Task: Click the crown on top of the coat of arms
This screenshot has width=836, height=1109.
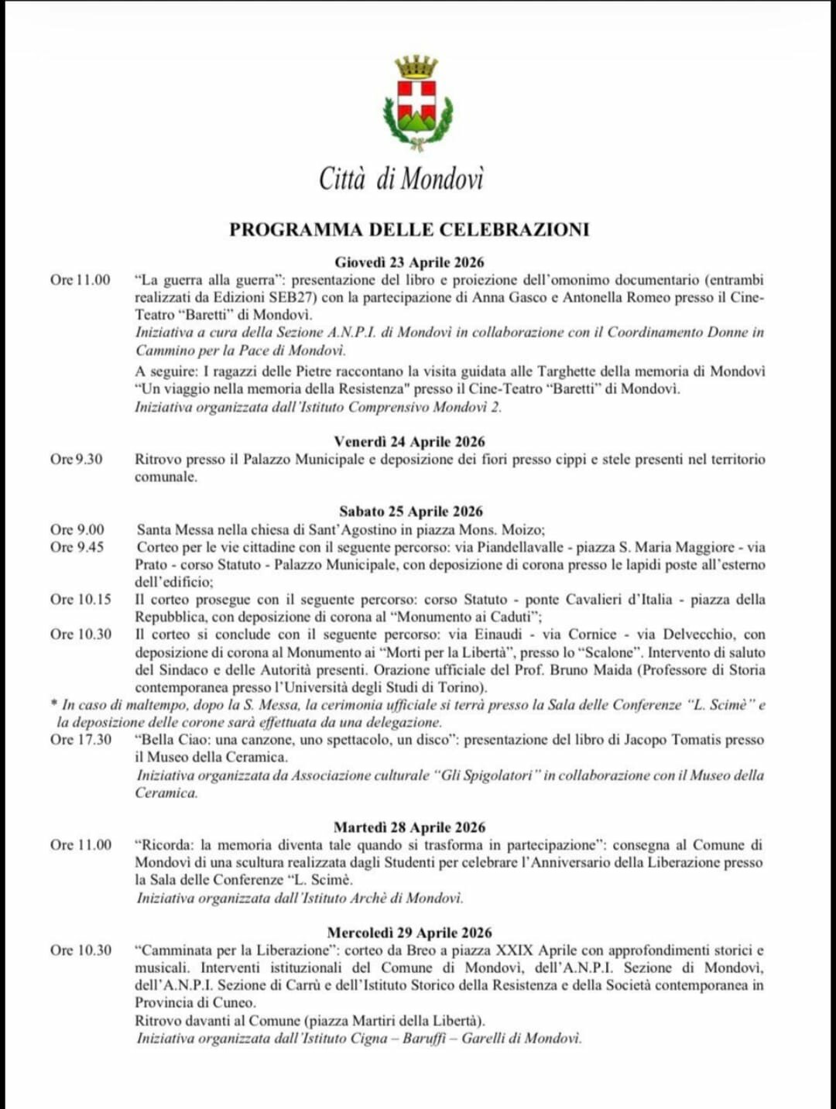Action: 416,67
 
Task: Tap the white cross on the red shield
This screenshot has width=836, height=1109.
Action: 416,98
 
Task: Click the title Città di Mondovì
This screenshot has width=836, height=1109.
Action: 401,179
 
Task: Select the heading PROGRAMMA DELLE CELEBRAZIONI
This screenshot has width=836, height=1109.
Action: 409,229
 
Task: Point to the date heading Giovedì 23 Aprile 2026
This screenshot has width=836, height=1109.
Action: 409,262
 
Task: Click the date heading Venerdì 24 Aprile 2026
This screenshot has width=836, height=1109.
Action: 409,442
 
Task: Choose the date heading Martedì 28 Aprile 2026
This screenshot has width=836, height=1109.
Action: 409,827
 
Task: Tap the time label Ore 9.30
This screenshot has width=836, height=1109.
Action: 77,459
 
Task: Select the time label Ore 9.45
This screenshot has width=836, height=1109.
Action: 77,547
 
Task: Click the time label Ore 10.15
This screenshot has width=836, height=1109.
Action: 81,599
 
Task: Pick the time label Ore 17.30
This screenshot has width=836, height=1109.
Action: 81,739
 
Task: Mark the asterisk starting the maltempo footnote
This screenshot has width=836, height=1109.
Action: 53,705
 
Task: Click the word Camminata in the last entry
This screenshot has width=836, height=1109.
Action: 175,950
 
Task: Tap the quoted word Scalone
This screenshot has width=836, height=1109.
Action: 610,652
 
